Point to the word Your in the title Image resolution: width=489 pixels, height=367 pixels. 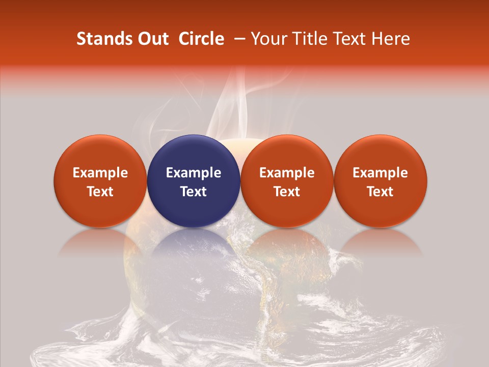click(268, 39)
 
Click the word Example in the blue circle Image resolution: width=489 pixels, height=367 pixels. click(194, 173)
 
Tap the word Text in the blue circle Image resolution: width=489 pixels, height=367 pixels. click(194, 192)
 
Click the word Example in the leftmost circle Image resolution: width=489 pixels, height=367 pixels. click(100, 173)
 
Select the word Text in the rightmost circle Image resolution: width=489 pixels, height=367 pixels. click(381, 192)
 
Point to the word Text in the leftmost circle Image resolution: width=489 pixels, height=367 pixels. click(100, 192)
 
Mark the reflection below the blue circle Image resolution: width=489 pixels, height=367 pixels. click(194, 242)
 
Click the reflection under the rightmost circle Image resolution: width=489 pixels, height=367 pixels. click(381, 242)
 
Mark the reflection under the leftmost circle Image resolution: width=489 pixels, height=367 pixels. click(100, 242)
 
